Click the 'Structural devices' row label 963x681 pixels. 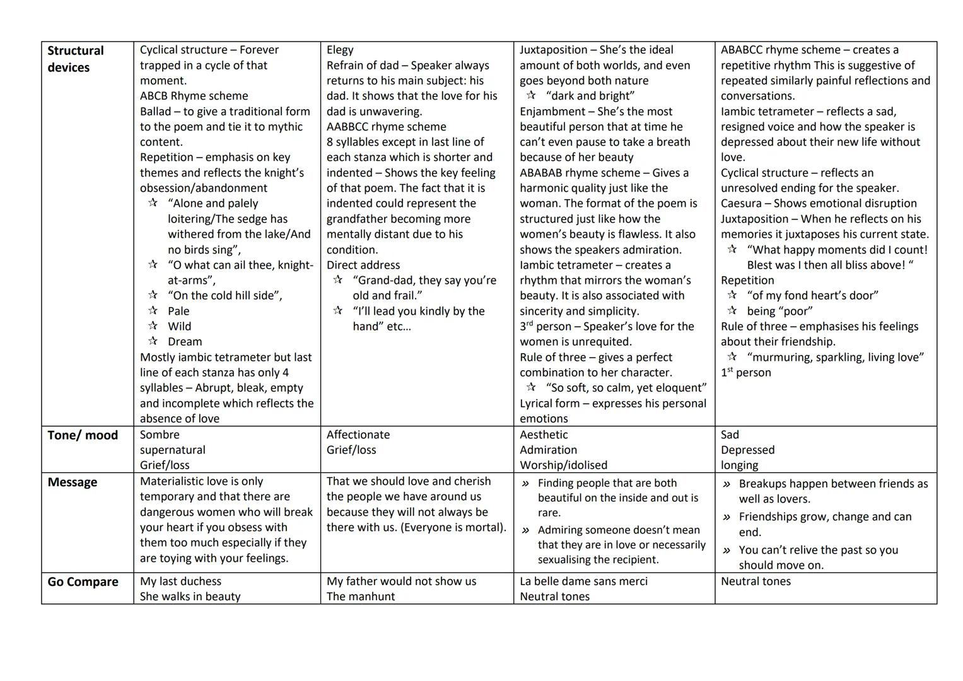pos(75,59)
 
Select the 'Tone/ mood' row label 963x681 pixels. pos(83,435)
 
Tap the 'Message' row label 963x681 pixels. pos(73,482)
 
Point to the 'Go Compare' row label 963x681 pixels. pos(83,581)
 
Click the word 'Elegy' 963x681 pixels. pos(340,50)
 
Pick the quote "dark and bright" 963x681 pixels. pos(590,96)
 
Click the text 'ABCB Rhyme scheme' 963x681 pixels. pos(194,96)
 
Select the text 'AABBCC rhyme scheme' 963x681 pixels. pos(386,127)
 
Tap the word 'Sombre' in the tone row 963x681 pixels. pos(160,435)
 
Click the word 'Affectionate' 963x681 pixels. pos(358,435)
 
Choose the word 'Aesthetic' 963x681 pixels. pos(544,435)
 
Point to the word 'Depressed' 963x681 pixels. pos(747,450)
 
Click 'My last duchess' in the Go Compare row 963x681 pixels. pos(180,581)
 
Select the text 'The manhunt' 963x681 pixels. pos(360,597)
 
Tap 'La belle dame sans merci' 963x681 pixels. pos(583,581)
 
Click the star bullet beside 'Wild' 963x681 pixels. pos(153,326)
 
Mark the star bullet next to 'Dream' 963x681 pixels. pos(153,341)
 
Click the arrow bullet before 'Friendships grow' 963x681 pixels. pos(727,517)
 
